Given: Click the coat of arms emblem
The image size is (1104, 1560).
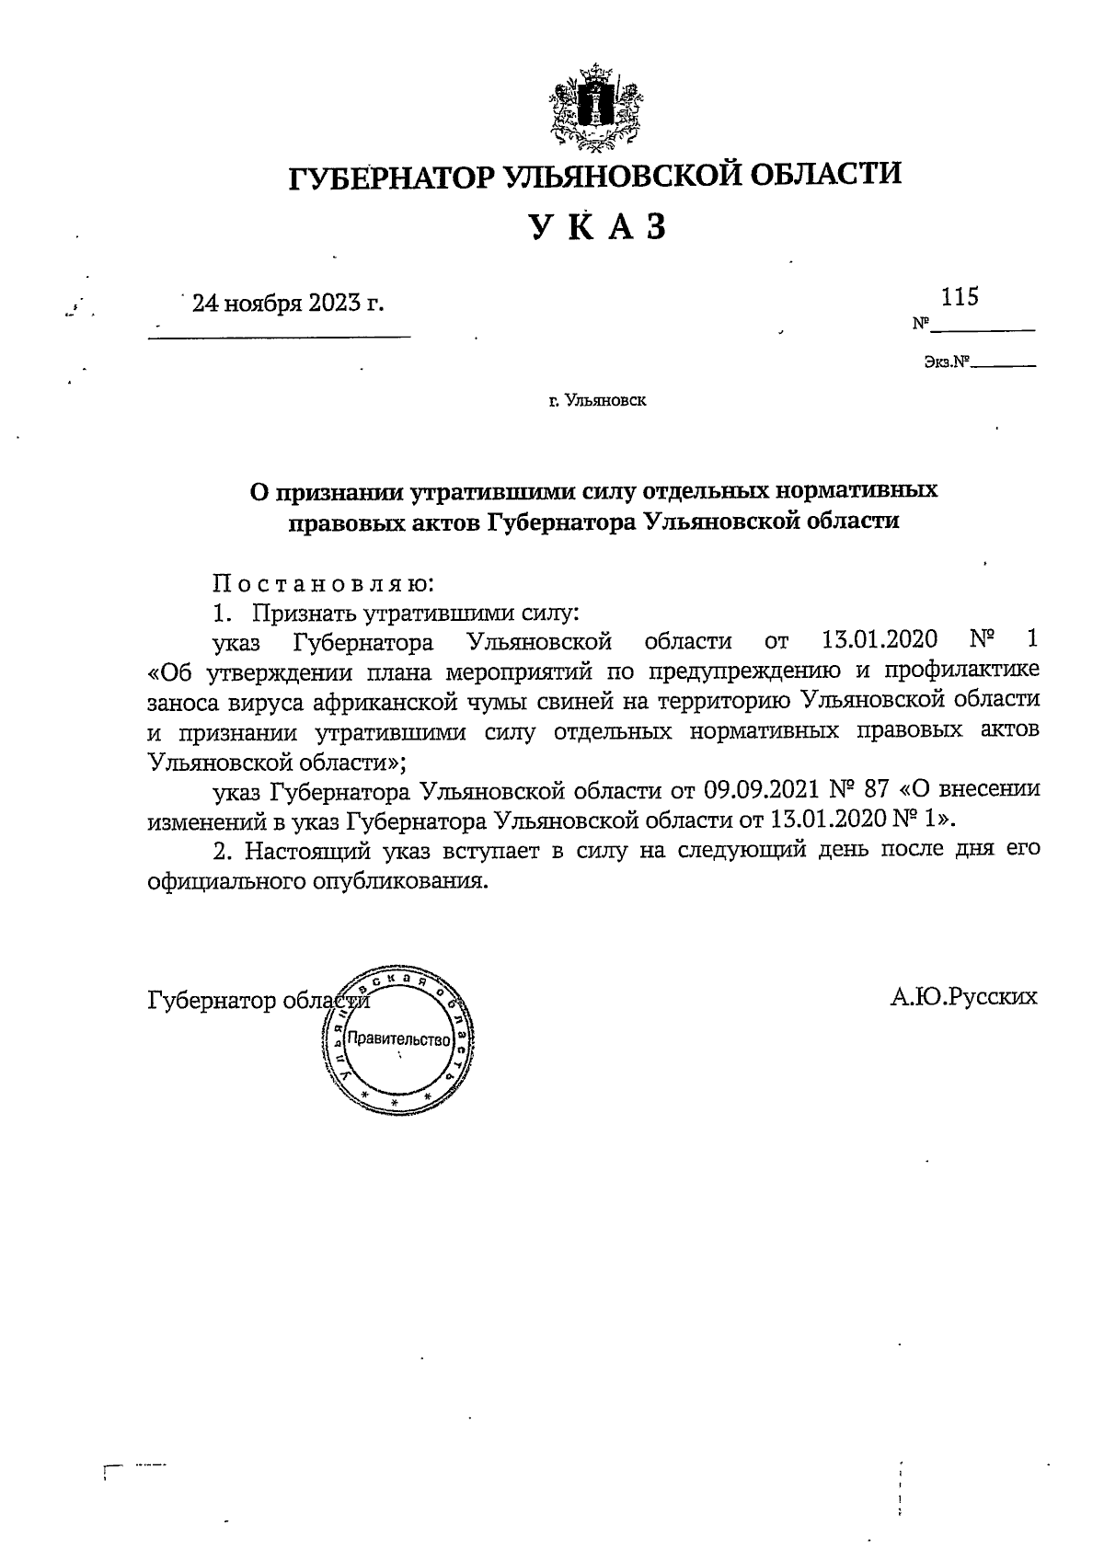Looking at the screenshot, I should coord(594,108).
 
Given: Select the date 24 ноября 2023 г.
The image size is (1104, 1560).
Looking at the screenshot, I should coord(287,303).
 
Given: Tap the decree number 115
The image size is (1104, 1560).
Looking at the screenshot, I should coord(959,297).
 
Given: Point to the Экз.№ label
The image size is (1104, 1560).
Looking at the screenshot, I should coord(948,363).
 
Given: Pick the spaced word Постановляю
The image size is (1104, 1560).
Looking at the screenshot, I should coord(323,583).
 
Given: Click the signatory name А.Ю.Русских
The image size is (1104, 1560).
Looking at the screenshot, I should coord(963,997).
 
